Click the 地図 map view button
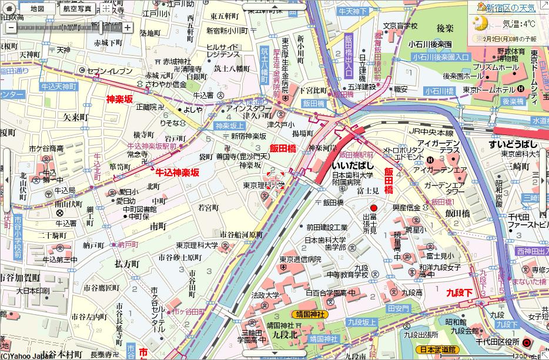point(37,8)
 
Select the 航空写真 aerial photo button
point(76,8)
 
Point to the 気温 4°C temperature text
point(519,24)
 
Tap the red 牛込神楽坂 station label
point(177,172)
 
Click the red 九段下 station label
point(459,291)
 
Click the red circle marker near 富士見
point(373,208)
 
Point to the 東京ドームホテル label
point(488,89)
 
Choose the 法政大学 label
point(265,295)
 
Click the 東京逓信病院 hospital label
point(300,259)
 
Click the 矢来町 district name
point(75,116)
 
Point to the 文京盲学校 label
point(400,26)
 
